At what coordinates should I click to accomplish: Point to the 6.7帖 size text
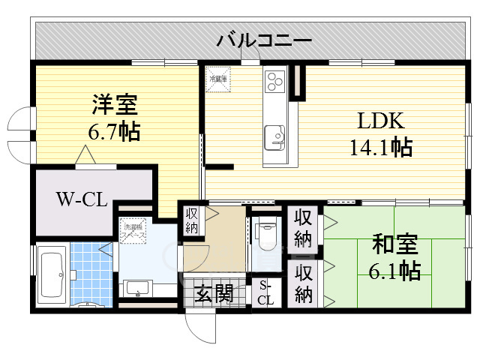pos(114,133)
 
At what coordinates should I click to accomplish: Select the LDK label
pos(379,121)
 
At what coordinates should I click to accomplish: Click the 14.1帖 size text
pos(379,148)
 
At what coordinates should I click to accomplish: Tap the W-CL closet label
pos(82,199)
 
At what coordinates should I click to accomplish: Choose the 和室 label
pos(396,244)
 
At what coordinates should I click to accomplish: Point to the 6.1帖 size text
pos(396,270)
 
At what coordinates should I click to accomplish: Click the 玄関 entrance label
pos(214,292)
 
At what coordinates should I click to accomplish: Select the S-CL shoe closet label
pos(266,292)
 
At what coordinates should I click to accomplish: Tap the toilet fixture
pos(266,236)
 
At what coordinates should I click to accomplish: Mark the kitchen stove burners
pos(274,79)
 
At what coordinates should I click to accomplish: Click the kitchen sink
pos(275,135)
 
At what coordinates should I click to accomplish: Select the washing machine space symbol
pos(136,232)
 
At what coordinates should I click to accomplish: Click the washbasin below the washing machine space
pos(138,289)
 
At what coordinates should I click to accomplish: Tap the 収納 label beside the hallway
pos(192,221)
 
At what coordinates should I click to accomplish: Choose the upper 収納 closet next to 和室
pos(303,229)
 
